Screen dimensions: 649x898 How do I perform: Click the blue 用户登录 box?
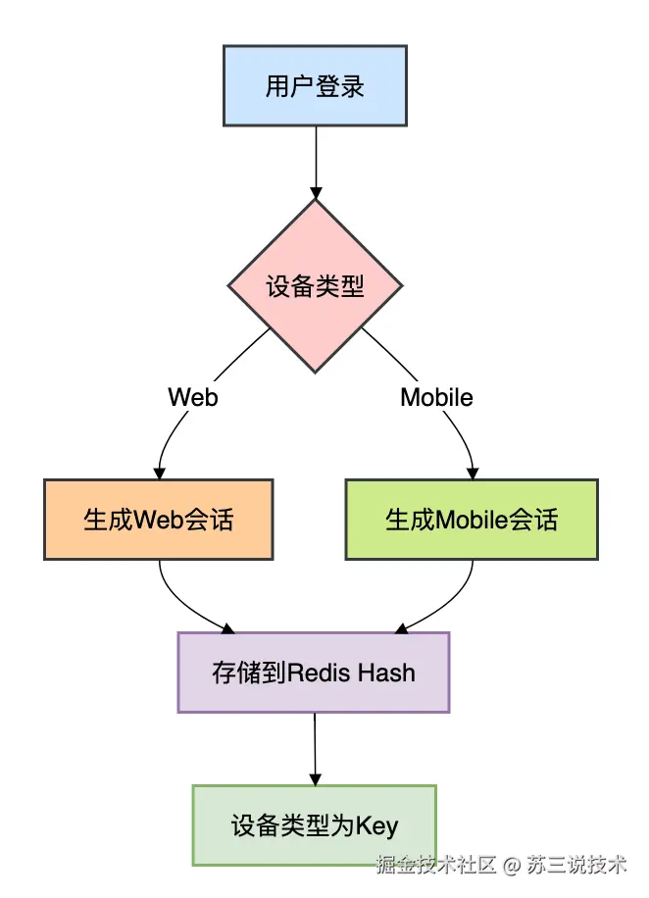(315, 86)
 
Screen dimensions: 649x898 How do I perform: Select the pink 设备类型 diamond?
(315, 286)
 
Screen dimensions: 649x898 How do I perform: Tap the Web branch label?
(193, 397)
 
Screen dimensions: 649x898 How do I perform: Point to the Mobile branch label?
(436, 397)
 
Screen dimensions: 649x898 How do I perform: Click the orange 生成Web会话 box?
(159, 520)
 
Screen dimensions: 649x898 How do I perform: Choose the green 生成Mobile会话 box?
(472, 520)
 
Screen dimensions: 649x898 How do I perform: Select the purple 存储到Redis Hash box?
(314, 673)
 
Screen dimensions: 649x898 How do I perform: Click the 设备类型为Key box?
(315, 825)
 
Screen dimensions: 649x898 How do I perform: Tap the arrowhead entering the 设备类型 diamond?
(316, 193)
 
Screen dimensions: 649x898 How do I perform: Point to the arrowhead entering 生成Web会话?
(159, 474)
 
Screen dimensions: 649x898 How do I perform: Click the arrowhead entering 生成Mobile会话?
(473, 474)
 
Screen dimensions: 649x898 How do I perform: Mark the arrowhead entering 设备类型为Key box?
(315, 778)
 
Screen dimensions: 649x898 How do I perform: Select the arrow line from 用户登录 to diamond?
(316, 163)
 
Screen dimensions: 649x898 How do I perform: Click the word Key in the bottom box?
(376, 826)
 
